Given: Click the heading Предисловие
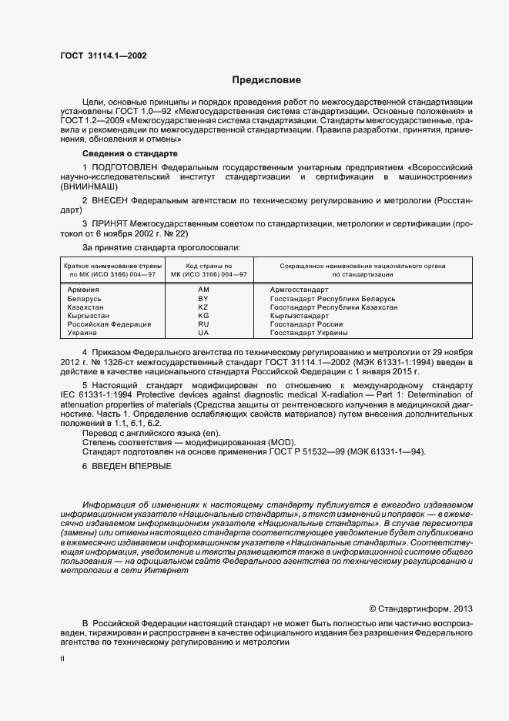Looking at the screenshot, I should pos(266,80).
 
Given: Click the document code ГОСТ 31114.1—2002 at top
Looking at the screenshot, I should pos(103,56).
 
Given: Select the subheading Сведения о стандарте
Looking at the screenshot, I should pos(129,154).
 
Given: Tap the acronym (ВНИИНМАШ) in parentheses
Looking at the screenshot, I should pos(92,187).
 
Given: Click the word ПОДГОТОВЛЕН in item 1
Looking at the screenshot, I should pos(122,166).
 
